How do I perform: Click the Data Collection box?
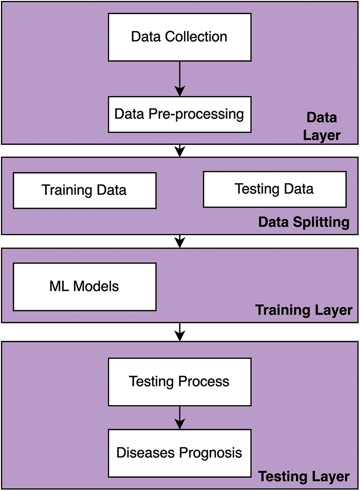click(179, 37)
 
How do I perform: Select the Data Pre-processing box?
click(179, 115)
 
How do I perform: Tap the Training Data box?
click(84, 190)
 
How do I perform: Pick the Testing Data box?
click(275, 189)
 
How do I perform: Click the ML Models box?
click(84, 286)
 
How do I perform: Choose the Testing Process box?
click(179, 382)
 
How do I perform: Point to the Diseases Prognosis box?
click(179, 452)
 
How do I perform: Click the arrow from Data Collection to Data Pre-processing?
click(179, 79)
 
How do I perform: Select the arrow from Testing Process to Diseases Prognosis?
click(179, 417)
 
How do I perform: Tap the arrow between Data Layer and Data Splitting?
click(179, 150)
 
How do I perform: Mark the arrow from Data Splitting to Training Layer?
click(179, 241)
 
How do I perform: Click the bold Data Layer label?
click(321, 126)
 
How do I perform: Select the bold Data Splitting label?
click(304, 222)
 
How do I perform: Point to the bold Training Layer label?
click(304, 310)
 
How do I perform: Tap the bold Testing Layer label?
click(304, 476)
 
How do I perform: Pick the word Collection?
click(200, 37)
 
